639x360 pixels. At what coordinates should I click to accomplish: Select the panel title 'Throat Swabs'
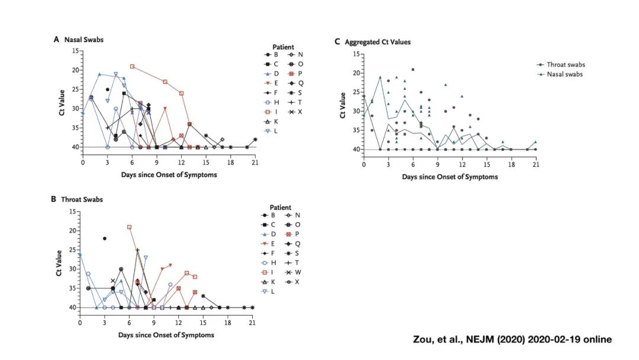[x=82, y=200]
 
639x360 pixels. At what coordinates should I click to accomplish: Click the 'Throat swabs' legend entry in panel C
[x=565, y=65]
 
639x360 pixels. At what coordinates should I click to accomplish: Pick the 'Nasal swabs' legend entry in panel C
[x=564, y=75]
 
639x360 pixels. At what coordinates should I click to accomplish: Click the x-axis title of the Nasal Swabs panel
[x=169, y=175]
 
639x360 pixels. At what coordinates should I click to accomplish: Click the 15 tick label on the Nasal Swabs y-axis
[x=75, y=51]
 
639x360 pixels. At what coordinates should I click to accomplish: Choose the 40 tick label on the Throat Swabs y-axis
[x=72, y=308]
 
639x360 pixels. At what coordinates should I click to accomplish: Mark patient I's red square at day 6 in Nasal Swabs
[x=132, y=66]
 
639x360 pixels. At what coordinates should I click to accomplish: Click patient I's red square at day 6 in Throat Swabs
[x=129, y=227]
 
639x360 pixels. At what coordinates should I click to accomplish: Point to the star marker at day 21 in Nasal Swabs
[x=254, y=140]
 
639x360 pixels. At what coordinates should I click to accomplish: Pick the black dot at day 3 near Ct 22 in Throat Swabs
[x=105, y=239]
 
